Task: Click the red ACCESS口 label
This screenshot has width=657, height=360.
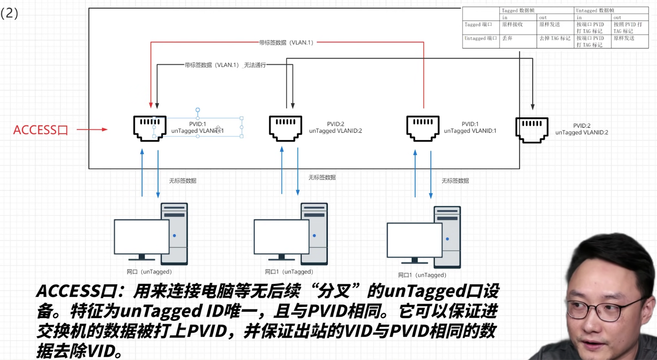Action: point(41,130)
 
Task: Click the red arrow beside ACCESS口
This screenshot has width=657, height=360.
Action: point(92,130)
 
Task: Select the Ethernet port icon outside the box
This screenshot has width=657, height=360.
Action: point(532,130)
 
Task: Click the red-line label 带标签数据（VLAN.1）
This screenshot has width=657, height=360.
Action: point(287,42)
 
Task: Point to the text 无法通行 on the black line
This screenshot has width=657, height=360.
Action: point(255,65)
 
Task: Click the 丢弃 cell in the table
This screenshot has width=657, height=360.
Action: point(508,38)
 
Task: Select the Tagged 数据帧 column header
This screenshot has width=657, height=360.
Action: point(518,10)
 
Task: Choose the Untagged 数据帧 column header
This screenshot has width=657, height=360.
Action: point(595,10)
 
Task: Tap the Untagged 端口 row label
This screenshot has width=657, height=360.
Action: point(481,38)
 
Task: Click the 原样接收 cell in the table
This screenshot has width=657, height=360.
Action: point(512,24)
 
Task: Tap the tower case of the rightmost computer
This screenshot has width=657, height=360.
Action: point(447,237)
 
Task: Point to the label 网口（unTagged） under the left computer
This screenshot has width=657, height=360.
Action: point(149,272)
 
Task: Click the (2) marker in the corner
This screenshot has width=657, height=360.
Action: point(9,13)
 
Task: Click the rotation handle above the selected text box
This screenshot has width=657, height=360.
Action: point(197,111)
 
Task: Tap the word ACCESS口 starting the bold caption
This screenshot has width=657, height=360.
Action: point(83,291)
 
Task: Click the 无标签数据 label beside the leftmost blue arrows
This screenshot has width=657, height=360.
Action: point(183,181)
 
